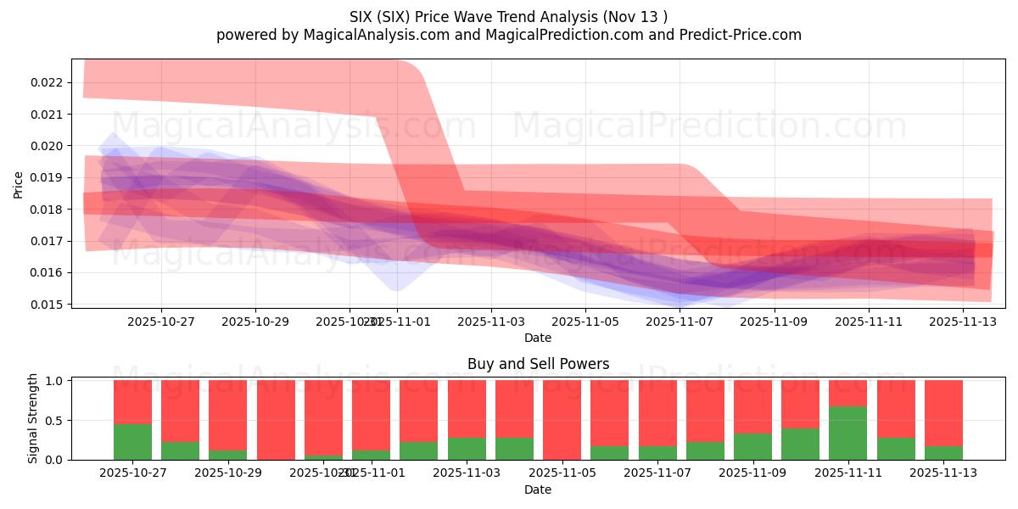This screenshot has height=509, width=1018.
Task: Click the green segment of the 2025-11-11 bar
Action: (847, 433)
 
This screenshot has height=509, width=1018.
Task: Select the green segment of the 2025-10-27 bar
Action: (132, 441)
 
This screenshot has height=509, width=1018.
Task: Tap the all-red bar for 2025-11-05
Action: (562, 420)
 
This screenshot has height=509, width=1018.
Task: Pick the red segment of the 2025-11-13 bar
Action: (943, 412)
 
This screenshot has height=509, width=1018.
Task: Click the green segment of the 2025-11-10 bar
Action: (800, 444)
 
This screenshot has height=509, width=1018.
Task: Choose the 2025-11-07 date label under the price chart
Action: (680, 322)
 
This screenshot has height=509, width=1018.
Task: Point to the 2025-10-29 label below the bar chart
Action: (228, 473)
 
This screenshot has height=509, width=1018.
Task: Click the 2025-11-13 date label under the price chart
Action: (962, 322)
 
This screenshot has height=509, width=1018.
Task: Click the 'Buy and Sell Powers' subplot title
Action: (538, 364)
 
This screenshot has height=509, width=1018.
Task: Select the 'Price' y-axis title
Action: (19, 184)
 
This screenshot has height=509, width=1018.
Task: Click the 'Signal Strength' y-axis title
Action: (33, 418)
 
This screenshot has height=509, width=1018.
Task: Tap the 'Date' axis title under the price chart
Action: (538, 338)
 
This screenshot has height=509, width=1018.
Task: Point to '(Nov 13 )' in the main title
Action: (636, 17)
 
